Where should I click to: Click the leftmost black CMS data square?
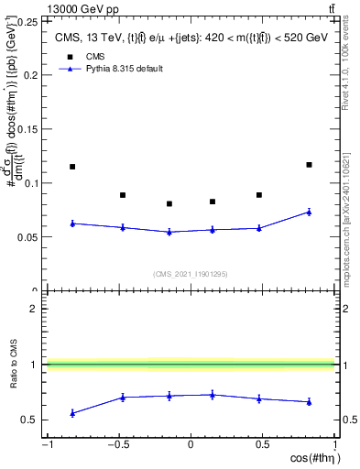[x=72, y=167]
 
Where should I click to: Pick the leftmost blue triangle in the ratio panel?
[x=72, y=413]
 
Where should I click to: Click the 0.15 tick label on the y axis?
[x=30, y=129]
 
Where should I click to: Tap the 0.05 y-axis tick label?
[x=30, y=237]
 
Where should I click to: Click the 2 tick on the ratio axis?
[x=36, y=309]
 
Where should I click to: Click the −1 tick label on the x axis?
[x=46, y=445]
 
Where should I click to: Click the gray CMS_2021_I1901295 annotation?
[x=191, y=274]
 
